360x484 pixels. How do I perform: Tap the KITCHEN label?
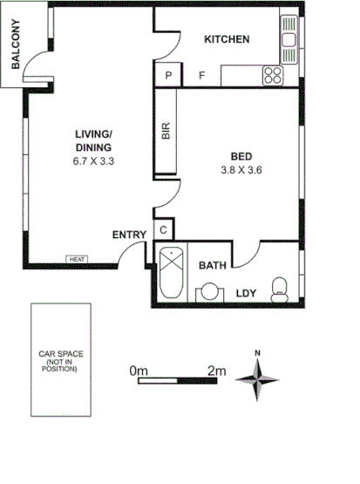pyautogui.click(x=227, y=39)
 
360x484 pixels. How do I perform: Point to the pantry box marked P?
pyautogui.click(x=167, y=76)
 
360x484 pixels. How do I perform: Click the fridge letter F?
pyautogui.click(x=201, y=76)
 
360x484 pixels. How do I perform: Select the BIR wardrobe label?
pyautogui.click(x=166, y=132)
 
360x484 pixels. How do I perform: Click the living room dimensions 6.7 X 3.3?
pyautogui.click(x=93, y=161)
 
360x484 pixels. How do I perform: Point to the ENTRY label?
pyautogui.click(x=129, y=235)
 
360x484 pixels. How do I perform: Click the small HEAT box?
pyautogui.click(x=77, y=259)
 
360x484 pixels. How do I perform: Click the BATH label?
pyautogui.click(x=214, y=265)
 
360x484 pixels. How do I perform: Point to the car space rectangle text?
pyautogui.click(x=59, y=362)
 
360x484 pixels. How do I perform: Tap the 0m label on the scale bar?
pyautogui.click(x=139, y=372)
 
